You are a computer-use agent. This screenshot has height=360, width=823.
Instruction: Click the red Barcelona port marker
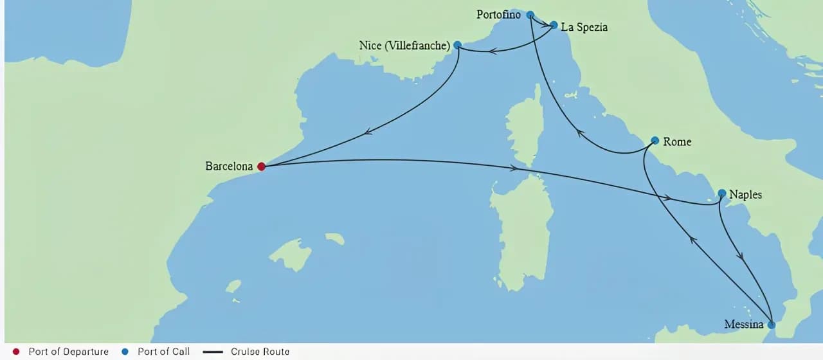[x=261, y=166]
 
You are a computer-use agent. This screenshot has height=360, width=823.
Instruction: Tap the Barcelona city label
[x=229, y=166]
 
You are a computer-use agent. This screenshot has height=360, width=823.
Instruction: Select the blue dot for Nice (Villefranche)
[x=457, y=45]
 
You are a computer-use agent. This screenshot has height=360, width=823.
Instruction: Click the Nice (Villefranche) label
[x=404, y=46]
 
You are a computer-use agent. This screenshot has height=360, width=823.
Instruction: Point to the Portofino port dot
[x=530, y=15]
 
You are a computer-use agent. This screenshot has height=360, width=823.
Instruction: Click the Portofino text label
[x=498, y=14]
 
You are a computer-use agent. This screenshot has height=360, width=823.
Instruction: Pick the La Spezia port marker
[x=554, y=25]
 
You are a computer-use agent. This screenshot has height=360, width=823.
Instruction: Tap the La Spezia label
[x=584, y=27]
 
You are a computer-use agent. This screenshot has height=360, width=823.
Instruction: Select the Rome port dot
[x=655, y=140]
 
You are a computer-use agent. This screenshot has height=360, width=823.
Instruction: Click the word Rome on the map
[x=677, y=141]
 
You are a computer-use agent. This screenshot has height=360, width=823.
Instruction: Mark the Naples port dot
[x=721, y=193]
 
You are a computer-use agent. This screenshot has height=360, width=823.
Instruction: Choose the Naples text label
[x=745, y=194]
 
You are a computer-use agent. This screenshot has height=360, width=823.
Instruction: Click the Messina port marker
[x=771, y=325]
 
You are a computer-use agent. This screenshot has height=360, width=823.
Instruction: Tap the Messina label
[x=743, y=325]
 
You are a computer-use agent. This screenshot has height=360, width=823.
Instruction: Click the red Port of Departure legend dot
[x=16, y=352]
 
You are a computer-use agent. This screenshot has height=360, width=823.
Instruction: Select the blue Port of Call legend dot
[x=125, y=352]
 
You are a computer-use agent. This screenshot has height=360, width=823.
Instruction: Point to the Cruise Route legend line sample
[x=212, y=352]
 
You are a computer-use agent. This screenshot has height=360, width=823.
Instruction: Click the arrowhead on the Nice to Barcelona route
[x=368, y=132]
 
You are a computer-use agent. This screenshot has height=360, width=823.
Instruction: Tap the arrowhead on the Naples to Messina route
[x=741, y=255]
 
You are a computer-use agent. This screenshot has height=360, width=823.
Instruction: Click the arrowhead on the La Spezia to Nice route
[x=492, y=50]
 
